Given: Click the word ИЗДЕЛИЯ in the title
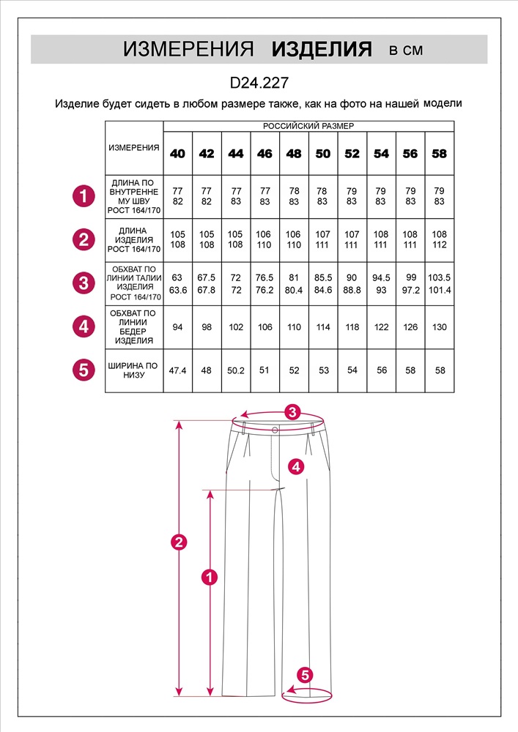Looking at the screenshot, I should (322, 50).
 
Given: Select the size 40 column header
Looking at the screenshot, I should (177, 154).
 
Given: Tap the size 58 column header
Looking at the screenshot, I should (440, 154).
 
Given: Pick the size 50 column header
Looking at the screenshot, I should (323, 154).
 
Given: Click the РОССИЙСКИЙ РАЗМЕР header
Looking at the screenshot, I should (308, 126).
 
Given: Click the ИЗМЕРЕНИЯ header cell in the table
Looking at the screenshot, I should (134, 148).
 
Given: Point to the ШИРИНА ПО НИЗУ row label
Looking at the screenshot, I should (133, 370).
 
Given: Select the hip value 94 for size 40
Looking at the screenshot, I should (177, 327).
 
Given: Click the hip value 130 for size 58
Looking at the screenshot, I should (440, 327).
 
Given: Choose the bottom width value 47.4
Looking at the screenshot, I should (177, 370).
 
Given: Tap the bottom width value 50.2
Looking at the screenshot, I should (236, 370).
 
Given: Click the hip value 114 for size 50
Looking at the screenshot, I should (323, 327).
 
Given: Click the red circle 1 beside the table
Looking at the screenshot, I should (84, 196).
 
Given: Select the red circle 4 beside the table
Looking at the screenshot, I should (84, 326).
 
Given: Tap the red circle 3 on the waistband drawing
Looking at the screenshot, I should (293, 412).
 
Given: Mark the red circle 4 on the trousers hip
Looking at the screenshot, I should (295, 466).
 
